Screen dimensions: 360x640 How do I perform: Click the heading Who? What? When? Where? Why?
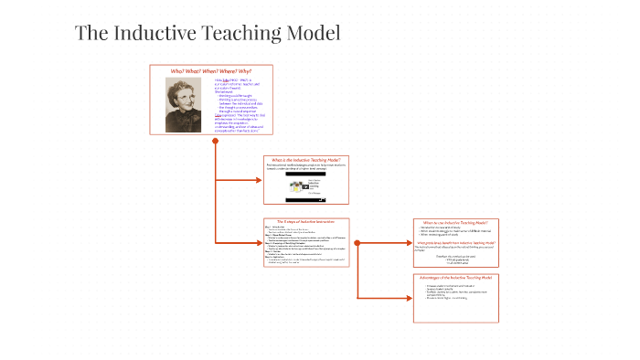tap(211, 70)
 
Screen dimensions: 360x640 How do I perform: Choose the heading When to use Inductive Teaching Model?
tap(454, 222)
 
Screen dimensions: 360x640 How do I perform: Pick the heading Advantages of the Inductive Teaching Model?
tap(454, 277)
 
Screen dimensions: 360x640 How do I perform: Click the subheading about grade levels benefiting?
tap(454, 243)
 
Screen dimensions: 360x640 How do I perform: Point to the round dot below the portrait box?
tap(215, 142)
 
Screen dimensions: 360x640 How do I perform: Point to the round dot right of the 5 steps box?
tap(357, 242)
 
